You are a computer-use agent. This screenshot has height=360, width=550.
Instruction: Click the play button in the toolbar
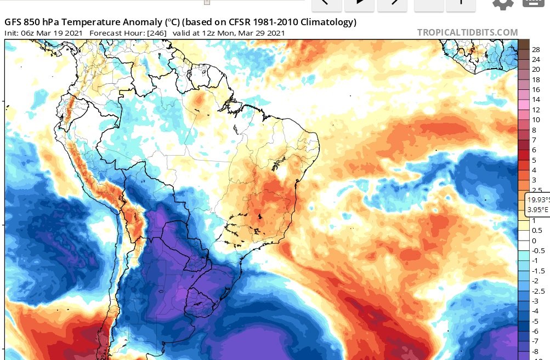tap(360, 2)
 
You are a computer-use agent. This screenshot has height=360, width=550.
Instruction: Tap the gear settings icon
tap(503, 3)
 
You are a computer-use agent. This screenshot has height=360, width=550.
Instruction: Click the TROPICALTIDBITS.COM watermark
tap(467, 32)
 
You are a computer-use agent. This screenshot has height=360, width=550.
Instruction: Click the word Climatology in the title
tap(327, 22)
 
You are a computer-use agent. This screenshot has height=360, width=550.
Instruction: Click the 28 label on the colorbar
tap(536, 49)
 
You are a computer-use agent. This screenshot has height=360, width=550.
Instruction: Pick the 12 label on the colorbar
tap(536, 110)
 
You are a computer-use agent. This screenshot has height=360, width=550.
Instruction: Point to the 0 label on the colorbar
tap(535, 241)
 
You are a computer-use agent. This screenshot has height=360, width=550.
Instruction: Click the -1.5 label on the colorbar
tap(538, 271)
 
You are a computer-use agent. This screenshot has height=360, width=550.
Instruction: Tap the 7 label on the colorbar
tap(534, 140)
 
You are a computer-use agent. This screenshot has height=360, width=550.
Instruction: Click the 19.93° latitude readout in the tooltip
tap(537, 199)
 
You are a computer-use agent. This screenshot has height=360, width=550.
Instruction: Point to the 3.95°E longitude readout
tap(537, 209)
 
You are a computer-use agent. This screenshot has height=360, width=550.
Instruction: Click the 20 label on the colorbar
tap(536, 70)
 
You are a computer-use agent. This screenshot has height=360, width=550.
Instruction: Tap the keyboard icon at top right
tap(535, 2)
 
